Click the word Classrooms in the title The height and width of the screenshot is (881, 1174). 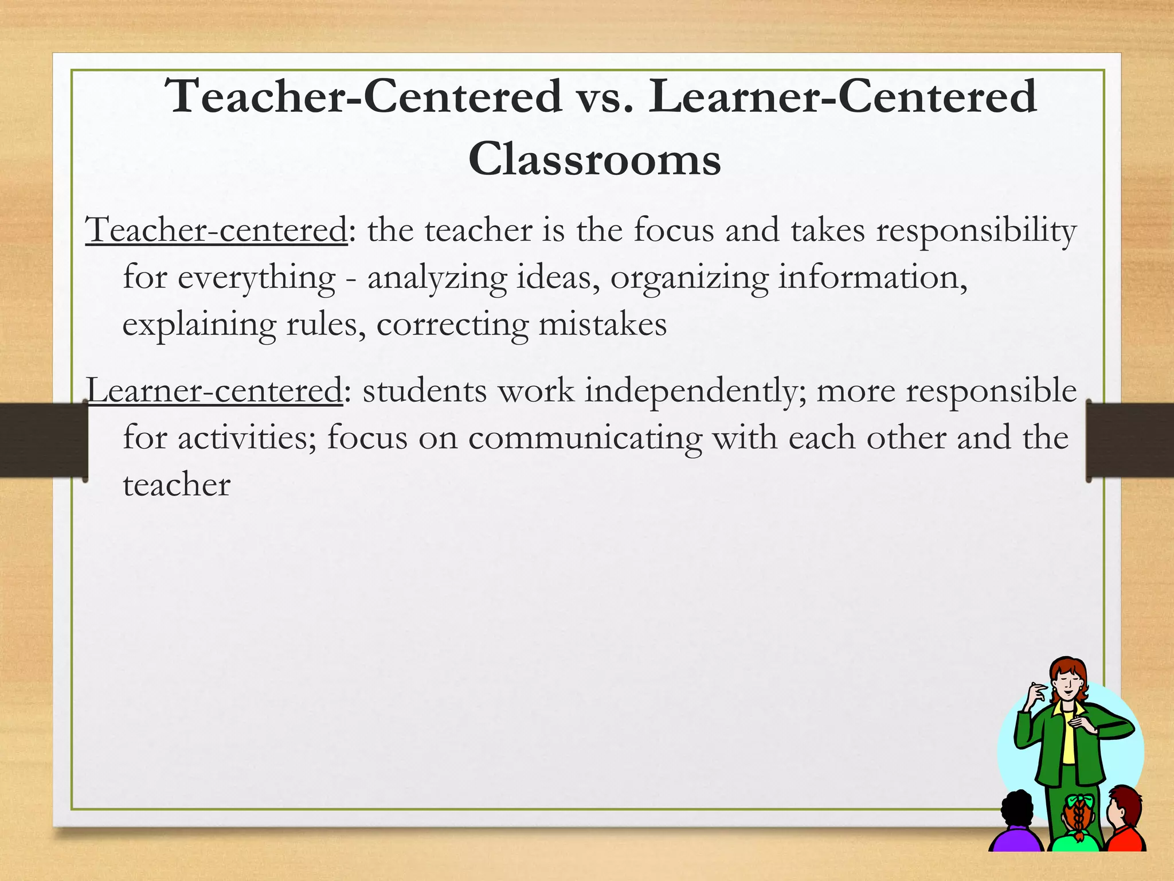coord(594,159)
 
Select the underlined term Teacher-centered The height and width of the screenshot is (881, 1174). coord(217,231)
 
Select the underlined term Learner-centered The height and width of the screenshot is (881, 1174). coord(214,391)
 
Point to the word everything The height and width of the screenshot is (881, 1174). coord(257,279)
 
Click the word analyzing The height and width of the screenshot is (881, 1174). coord(437,279)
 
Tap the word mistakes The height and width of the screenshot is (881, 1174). coord(602,325)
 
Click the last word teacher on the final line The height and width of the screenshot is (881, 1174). coord(177,485)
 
